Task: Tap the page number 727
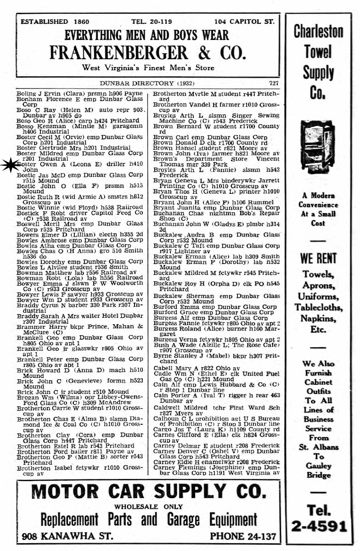[x=272, y=83]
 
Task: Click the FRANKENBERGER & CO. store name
[x=148, y=53]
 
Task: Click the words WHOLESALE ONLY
[x=147, y=506]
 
